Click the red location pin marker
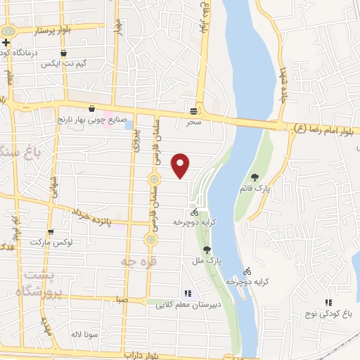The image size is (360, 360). coord(181,165)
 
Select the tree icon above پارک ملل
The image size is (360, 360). coord(207,250)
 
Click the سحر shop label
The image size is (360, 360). coord(193,122)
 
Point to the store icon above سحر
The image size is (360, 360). coord(193,112)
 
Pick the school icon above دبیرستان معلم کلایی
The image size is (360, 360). coord(186,293)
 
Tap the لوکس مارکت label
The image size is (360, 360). coord(51,242)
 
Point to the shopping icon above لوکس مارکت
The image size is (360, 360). coord(50,231)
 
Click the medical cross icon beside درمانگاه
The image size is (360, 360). coord(6,43)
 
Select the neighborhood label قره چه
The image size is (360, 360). coord(132,262)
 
